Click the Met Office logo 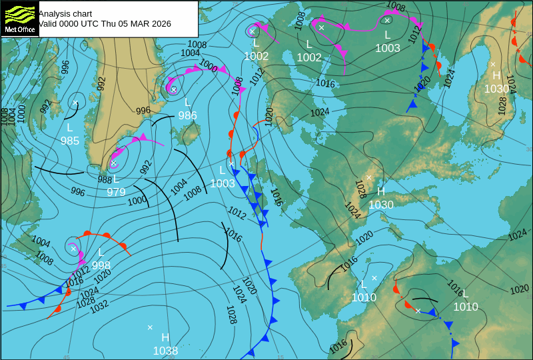pos(19,18)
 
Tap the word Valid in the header pos(48,24)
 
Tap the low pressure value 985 pos(70,141)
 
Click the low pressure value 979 pos(116,192)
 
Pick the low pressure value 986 pos(187,115)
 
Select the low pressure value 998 pos(101,265)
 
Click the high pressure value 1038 pos(165,351)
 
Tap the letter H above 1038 pos(165,337)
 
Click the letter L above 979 pos(116,179)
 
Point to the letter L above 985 pos(70,127)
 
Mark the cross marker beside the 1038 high pos(150,327)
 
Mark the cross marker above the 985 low pos(75,103)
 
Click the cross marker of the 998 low pos(73,249)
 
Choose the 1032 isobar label pos(99,307)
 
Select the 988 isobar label pos(105,180)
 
